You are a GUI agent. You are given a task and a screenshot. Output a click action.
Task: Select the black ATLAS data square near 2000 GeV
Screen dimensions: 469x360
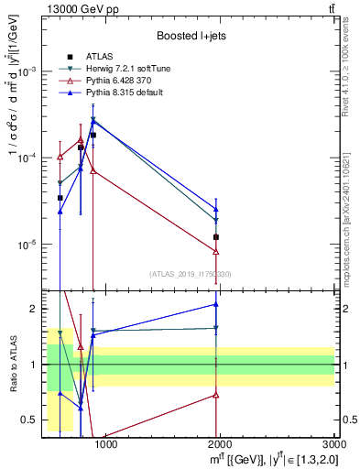[x=216, y=237]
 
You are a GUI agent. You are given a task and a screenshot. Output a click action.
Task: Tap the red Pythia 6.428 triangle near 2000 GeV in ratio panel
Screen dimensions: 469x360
[x=216, y=395]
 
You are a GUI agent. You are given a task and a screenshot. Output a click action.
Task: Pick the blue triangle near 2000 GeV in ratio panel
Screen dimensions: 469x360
[x=216, y=304]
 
